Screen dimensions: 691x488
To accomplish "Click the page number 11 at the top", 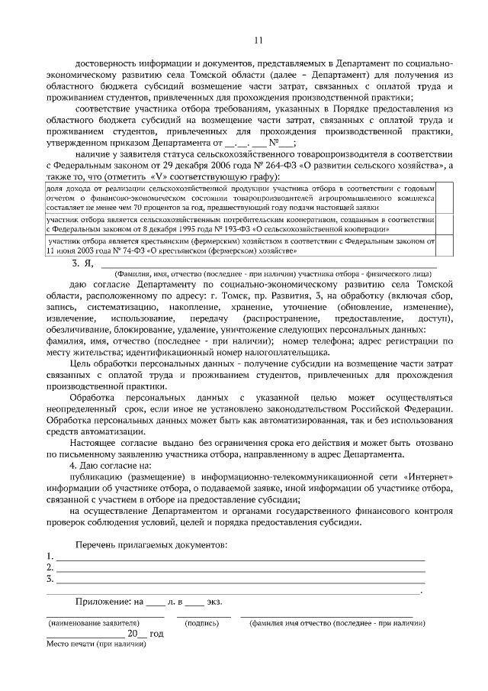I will point(258,40).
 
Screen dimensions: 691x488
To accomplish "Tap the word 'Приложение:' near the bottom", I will point(104,602).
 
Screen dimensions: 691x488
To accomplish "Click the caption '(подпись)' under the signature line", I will point(202,623).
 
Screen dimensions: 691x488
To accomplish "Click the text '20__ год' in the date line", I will point(146,634).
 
